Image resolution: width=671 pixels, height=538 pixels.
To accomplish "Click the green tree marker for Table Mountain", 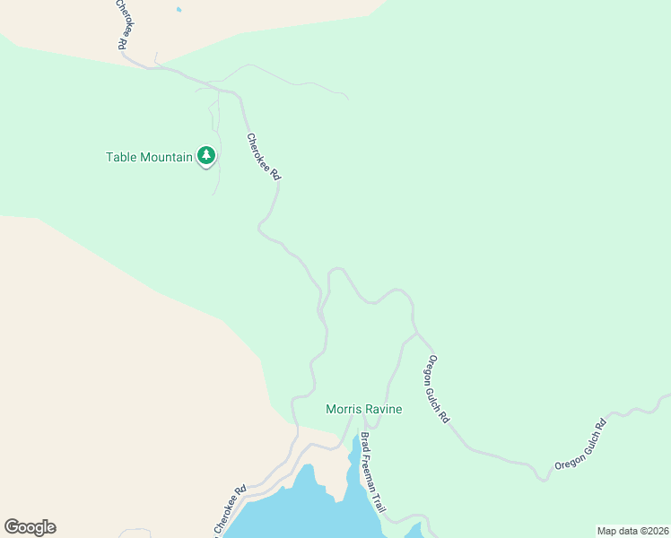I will (x=207, y=156).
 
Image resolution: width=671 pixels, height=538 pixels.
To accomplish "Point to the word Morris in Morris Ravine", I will (x=343, y=409).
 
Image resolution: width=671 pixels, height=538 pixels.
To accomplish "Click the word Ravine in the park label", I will (x=383, y=409).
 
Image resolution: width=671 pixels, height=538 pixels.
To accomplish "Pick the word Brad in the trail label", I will (x=365, y=443).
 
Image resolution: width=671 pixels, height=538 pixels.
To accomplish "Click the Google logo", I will (x=30, y=527).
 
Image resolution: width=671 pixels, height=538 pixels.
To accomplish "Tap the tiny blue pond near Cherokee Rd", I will (x=179, y=10).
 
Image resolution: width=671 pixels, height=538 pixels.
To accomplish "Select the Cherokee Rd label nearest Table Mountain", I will (x=264, y=157).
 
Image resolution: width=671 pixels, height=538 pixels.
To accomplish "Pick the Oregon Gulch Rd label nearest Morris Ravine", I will (x=438, y=389).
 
